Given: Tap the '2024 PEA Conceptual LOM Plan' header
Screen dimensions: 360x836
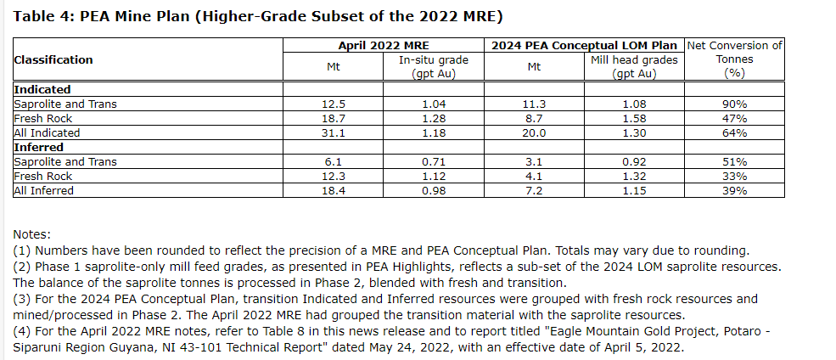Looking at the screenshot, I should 585,45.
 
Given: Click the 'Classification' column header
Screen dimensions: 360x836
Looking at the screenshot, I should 53,59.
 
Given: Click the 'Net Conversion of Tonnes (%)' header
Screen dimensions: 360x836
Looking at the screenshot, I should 734,59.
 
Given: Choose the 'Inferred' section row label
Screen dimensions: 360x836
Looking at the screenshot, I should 39,147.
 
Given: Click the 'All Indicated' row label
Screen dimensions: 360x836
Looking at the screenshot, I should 47,132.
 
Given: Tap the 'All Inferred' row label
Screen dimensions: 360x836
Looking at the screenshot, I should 44,191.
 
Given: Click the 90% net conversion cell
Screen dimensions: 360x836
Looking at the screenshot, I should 734,104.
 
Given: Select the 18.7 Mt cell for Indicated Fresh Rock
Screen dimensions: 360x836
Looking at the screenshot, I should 334,118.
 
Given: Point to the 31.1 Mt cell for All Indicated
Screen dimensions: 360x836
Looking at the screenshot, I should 334,132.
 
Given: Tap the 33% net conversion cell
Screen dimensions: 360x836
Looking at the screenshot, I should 734,177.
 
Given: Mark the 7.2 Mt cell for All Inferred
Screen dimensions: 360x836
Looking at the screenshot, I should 535,191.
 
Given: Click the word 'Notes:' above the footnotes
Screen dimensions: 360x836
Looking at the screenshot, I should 32,233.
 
